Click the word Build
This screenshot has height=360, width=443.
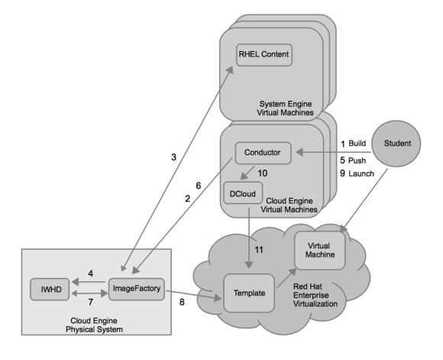click(357, 143)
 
